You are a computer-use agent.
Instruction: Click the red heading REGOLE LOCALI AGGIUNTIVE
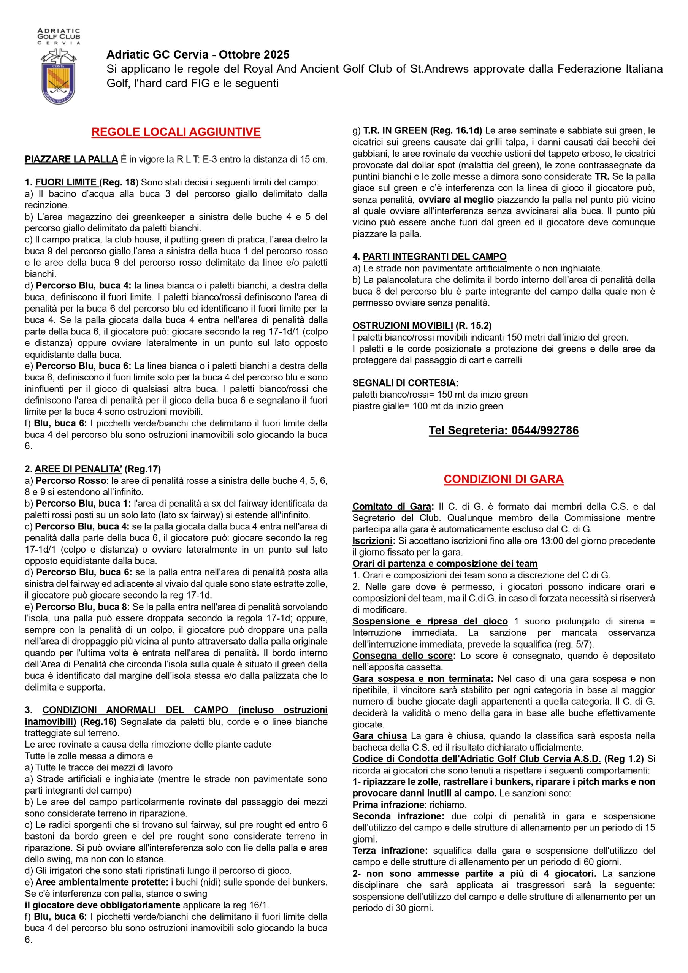176,132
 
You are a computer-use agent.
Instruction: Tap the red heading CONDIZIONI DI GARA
503,479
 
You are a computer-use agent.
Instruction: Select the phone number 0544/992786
545,431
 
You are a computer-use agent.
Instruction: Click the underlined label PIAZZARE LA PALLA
71,160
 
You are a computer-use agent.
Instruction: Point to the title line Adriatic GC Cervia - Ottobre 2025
198,55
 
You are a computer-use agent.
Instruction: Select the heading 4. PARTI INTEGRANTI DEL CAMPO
429,257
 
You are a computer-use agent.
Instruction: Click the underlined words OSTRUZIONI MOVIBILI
402,325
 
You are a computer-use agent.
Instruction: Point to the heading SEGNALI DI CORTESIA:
405,383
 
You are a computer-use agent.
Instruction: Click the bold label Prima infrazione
388,804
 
